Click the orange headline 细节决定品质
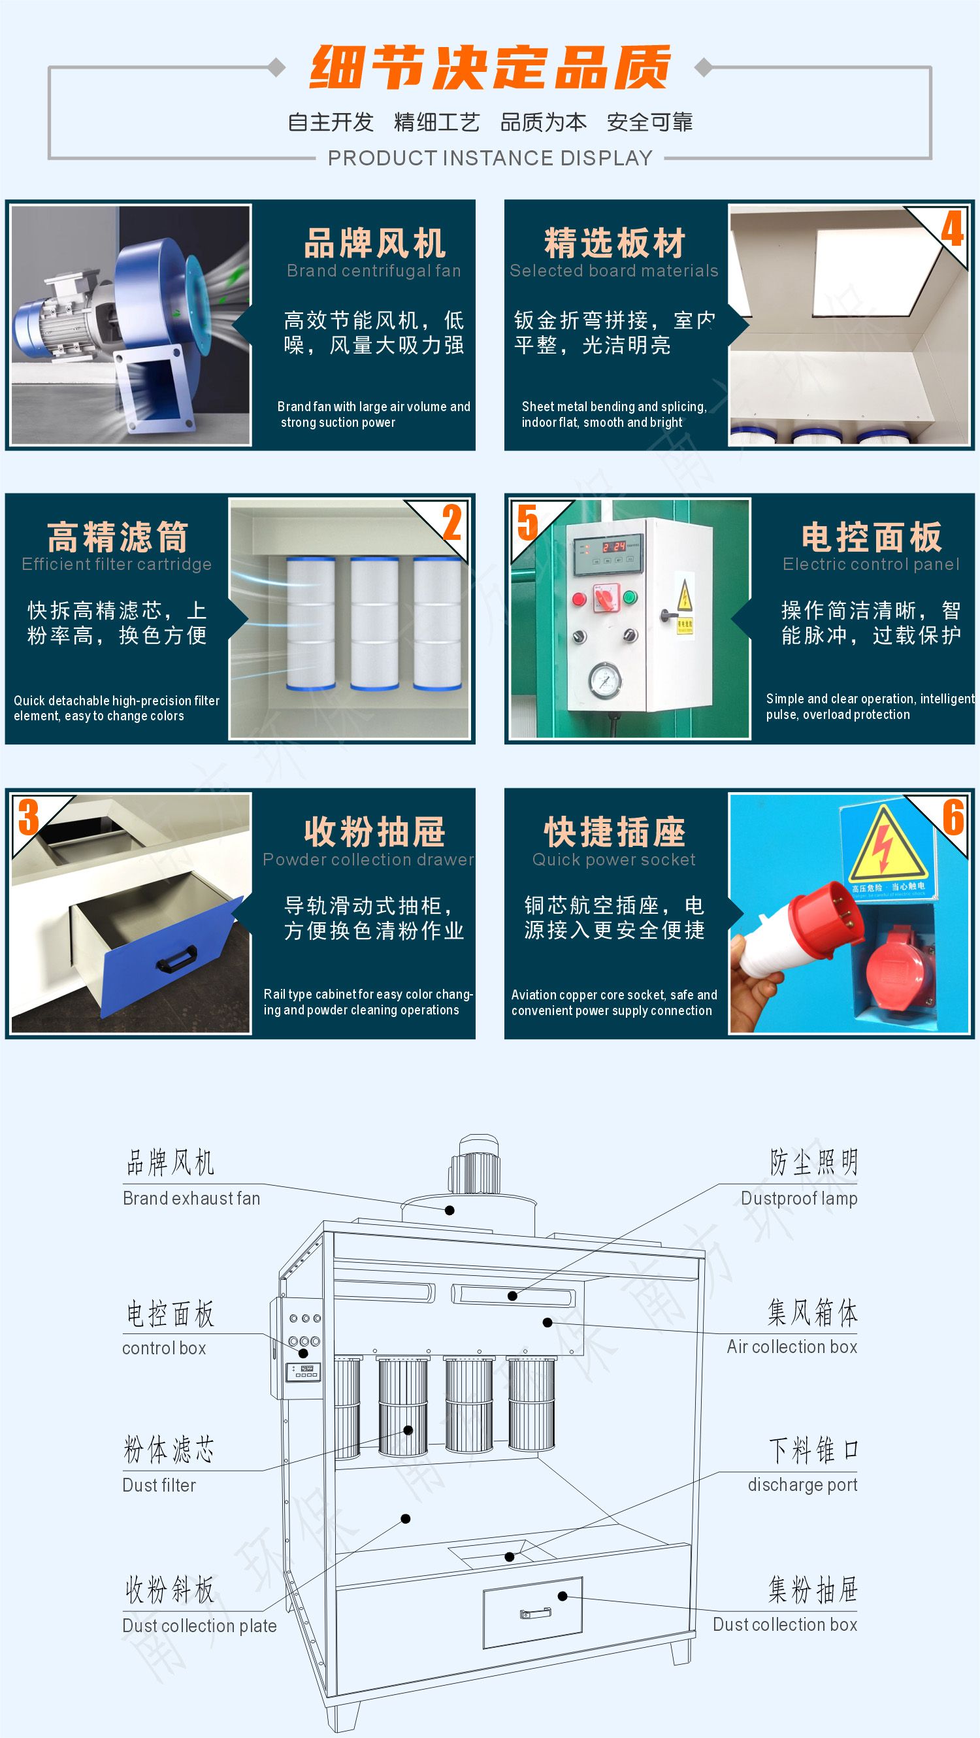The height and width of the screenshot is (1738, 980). pos(491,67)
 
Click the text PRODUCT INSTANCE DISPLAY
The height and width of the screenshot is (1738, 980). pos(491,158)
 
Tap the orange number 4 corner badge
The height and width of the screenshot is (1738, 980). pos(952,229)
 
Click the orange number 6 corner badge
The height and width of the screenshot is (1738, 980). pos(953,817)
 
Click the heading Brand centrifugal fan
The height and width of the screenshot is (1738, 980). pos(374,271)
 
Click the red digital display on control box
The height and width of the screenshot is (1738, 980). pos(613,546)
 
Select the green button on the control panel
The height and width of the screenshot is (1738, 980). pos(630,596)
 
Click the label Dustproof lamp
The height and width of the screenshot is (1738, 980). pos(799,1198)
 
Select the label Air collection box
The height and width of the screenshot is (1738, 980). pos(792,1346)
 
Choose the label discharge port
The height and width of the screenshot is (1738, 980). pos(802,1484)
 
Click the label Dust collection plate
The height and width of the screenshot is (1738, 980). pos(200,1626)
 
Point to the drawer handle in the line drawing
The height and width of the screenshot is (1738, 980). pos(536,1614)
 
